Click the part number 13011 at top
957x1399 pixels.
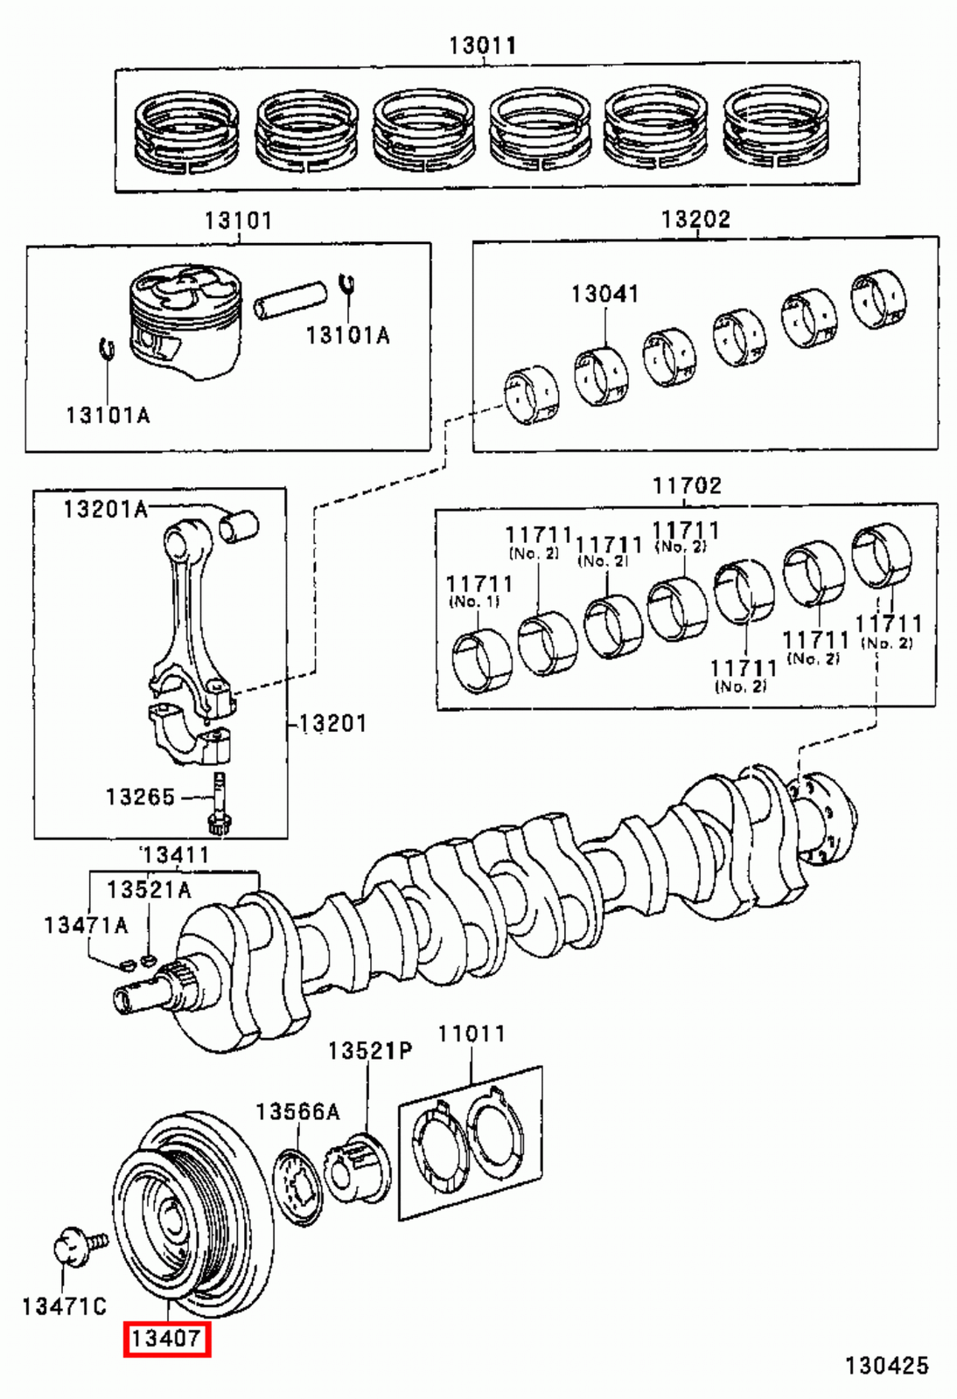(482, 45)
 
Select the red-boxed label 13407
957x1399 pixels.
(166, 1338)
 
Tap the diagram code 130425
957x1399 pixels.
(886, 1365)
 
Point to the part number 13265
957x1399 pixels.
(140, 797)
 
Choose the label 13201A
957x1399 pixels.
(105, 509)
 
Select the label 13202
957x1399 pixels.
(695, 219)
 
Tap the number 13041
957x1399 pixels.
(604, 294)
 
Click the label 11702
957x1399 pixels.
(687, 485)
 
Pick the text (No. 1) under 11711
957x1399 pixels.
(473, 602)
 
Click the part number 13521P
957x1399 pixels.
(369, 1050)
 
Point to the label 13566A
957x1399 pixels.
(297, 1111)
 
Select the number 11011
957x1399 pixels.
(472, 1034)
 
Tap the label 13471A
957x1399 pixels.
(86, 924)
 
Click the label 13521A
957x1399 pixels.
(149, 889)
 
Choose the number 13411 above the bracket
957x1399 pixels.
(175, 854)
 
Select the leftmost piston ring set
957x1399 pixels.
(187, 131)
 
